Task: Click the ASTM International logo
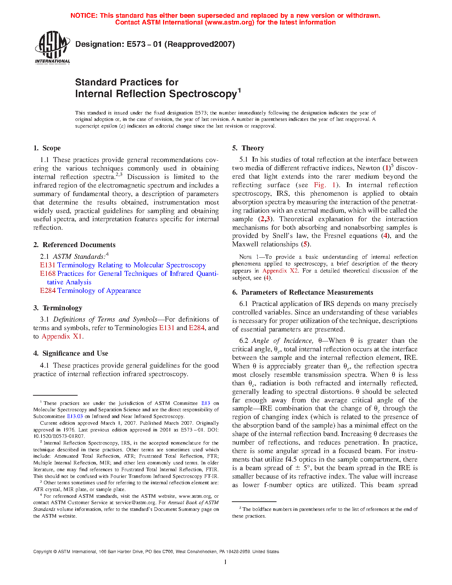[x=52, y=47]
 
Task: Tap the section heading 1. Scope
[x=47, y=148]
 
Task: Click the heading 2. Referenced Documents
[x=74, y=245]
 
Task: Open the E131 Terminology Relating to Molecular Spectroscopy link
[x=123, y=265]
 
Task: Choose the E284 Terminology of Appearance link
[x=90, y=291]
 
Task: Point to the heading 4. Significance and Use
[x=71, y=353]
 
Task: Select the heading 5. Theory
[x=248, y=148]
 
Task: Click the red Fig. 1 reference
[x=324, y=185]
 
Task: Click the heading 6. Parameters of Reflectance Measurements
[x=303, y=292]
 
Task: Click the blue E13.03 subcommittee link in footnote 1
[x=75, y=417]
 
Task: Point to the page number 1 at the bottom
[x=225, y=562]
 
